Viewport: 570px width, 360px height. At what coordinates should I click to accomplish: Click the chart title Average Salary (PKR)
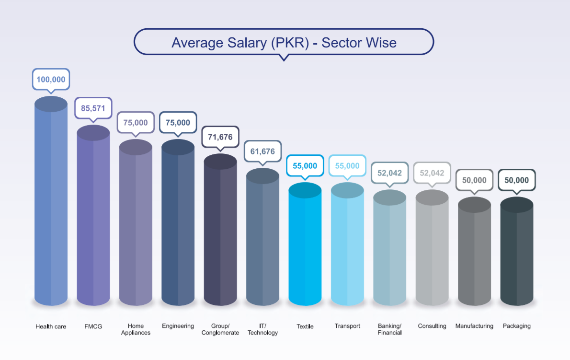coord(284,43)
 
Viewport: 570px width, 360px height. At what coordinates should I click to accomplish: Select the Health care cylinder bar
coord(51,201)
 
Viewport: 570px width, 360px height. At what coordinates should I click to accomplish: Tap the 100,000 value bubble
coord(51,80)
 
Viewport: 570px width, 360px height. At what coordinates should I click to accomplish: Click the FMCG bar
coord(93,216)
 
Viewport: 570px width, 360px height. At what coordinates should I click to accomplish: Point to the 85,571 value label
coord(93,108)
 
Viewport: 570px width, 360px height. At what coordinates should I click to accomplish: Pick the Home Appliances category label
coord(136,329)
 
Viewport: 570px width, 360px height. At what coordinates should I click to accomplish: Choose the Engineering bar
coord(178,223)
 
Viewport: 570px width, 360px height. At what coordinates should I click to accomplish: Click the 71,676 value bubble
coord(220,137)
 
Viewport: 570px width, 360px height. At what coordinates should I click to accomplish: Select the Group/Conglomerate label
coord(220,329)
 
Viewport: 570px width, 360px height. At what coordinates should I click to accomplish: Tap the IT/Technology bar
coord(262,237)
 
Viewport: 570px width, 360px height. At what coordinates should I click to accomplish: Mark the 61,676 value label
coord(262,151)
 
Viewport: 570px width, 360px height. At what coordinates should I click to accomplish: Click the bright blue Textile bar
coord(305,244)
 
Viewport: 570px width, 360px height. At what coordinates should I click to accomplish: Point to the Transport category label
coord(347,326)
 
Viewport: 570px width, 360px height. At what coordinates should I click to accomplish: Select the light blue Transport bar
coord(347,244)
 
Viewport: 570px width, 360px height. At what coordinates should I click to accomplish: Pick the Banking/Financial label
coord(389,329)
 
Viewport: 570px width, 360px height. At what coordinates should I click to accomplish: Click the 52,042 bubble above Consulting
coord(432,173)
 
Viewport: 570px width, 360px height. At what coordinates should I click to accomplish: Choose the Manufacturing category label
coord(474,326)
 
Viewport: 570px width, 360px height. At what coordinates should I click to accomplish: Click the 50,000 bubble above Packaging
coord(517,180)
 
